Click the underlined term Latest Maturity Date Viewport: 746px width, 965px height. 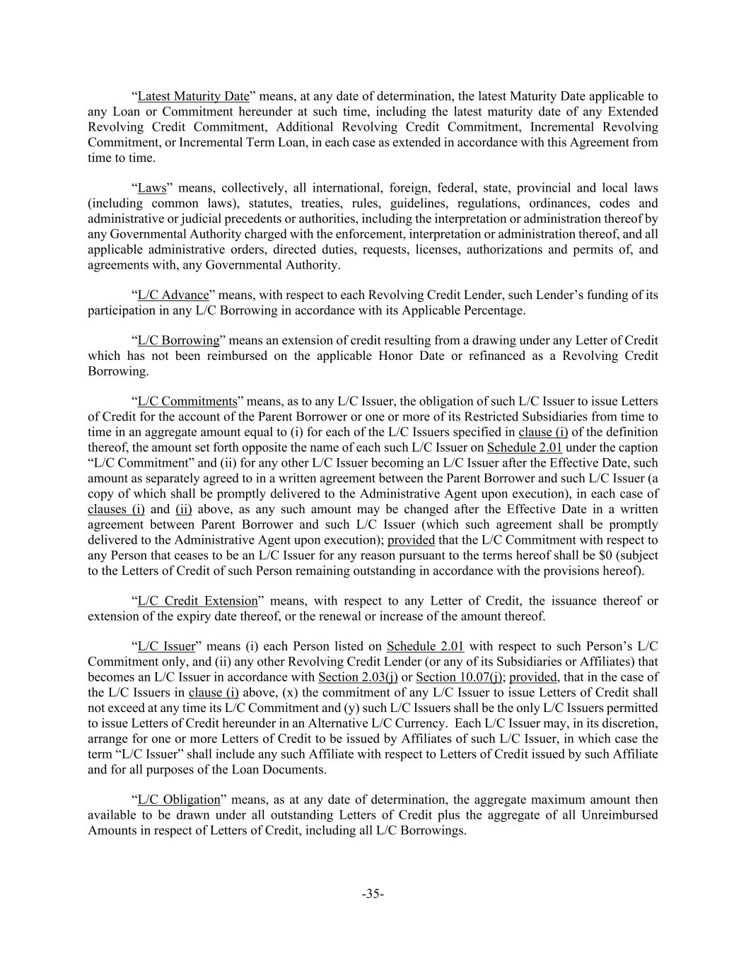(193, 96)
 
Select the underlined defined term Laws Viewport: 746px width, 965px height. (151, 188)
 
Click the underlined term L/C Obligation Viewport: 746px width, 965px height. (179, 800)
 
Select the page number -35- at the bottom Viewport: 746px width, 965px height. (373, 894)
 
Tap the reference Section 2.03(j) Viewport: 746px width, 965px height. (358, 677)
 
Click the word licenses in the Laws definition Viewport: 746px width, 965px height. (438, 250)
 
